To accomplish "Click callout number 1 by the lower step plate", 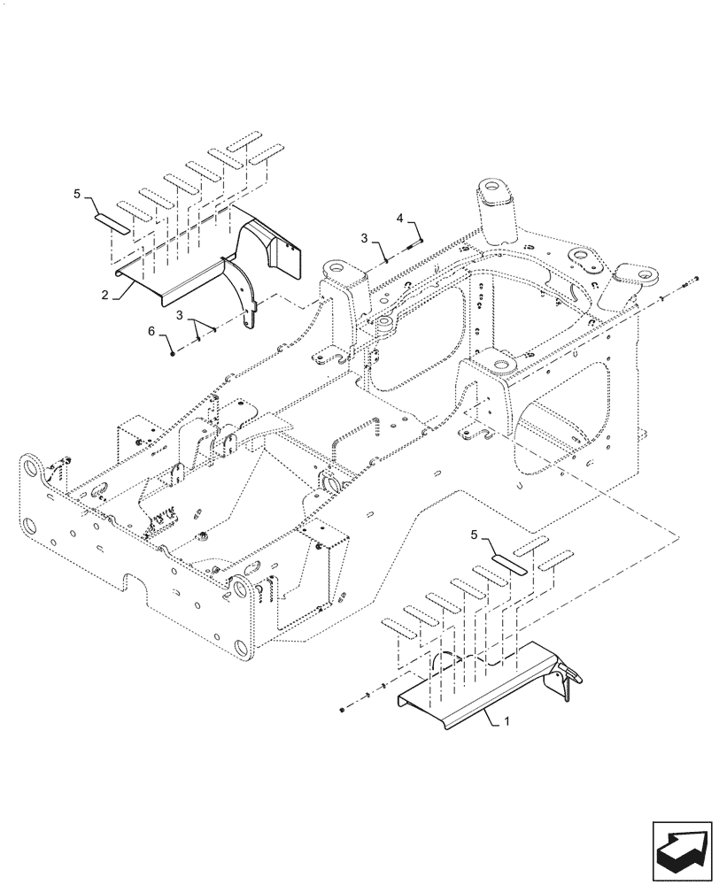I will point(506,722).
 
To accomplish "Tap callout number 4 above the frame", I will point(399,217).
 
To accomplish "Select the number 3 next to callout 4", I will point(364,238).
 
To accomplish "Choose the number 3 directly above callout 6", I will point(181,316).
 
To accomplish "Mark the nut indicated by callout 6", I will point(170,352).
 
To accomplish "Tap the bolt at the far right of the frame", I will point(692,282).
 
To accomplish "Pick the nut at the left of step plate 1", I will point(343,709).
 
